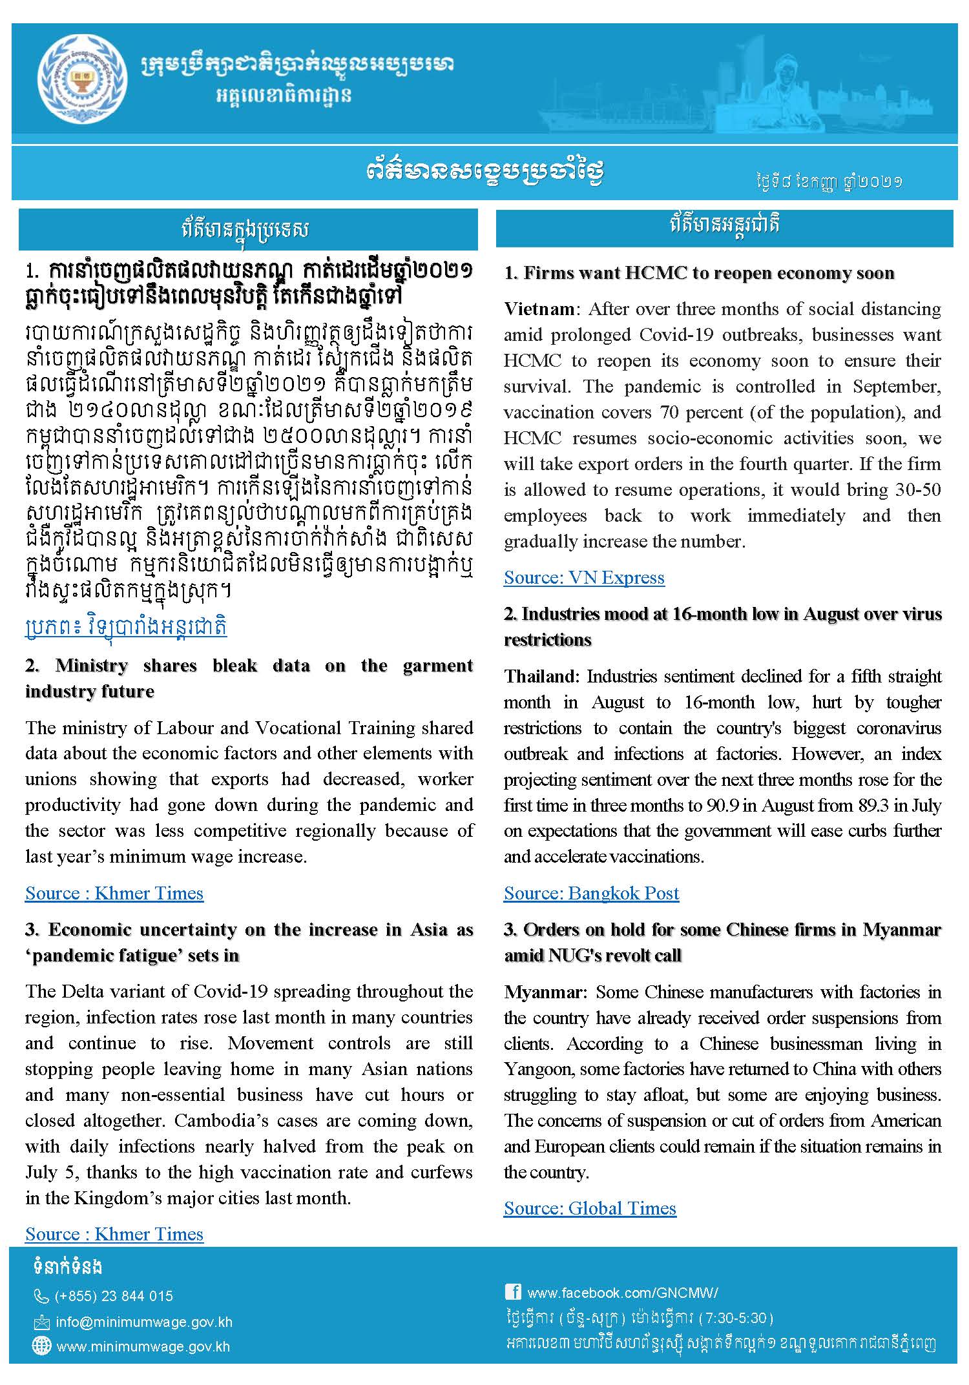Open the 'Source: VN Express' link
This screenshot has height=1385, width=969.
(584, 577)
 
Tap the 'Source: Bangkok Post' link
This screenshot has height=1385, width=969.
(591, 893)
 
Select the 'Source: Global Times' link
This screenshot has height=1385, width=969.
(590, 1208)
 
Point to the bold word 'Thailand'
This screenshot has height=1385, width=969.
(542, 676)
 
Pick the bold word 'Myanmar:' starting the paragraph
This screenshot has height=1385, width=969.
(545, 992)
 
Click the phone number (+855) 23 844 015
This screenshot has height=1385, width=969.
(114, 1296)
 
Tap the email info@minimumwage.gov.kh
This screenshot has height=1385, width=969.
(143, 1322)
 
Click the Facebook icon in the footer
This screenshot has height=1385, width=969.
(513, 1291)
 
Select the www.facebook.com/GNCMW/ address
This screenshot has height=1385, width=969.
(622, 1293)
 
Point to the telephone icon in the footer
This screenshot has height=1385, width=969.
(41, 1297)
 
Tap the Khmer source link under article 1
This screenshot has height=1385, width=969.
(126, 627)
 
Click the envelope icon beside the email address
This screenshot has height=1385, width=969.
(41, 1322)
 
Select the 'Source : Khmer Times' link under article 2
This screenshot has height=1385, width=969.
(114, 893)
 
